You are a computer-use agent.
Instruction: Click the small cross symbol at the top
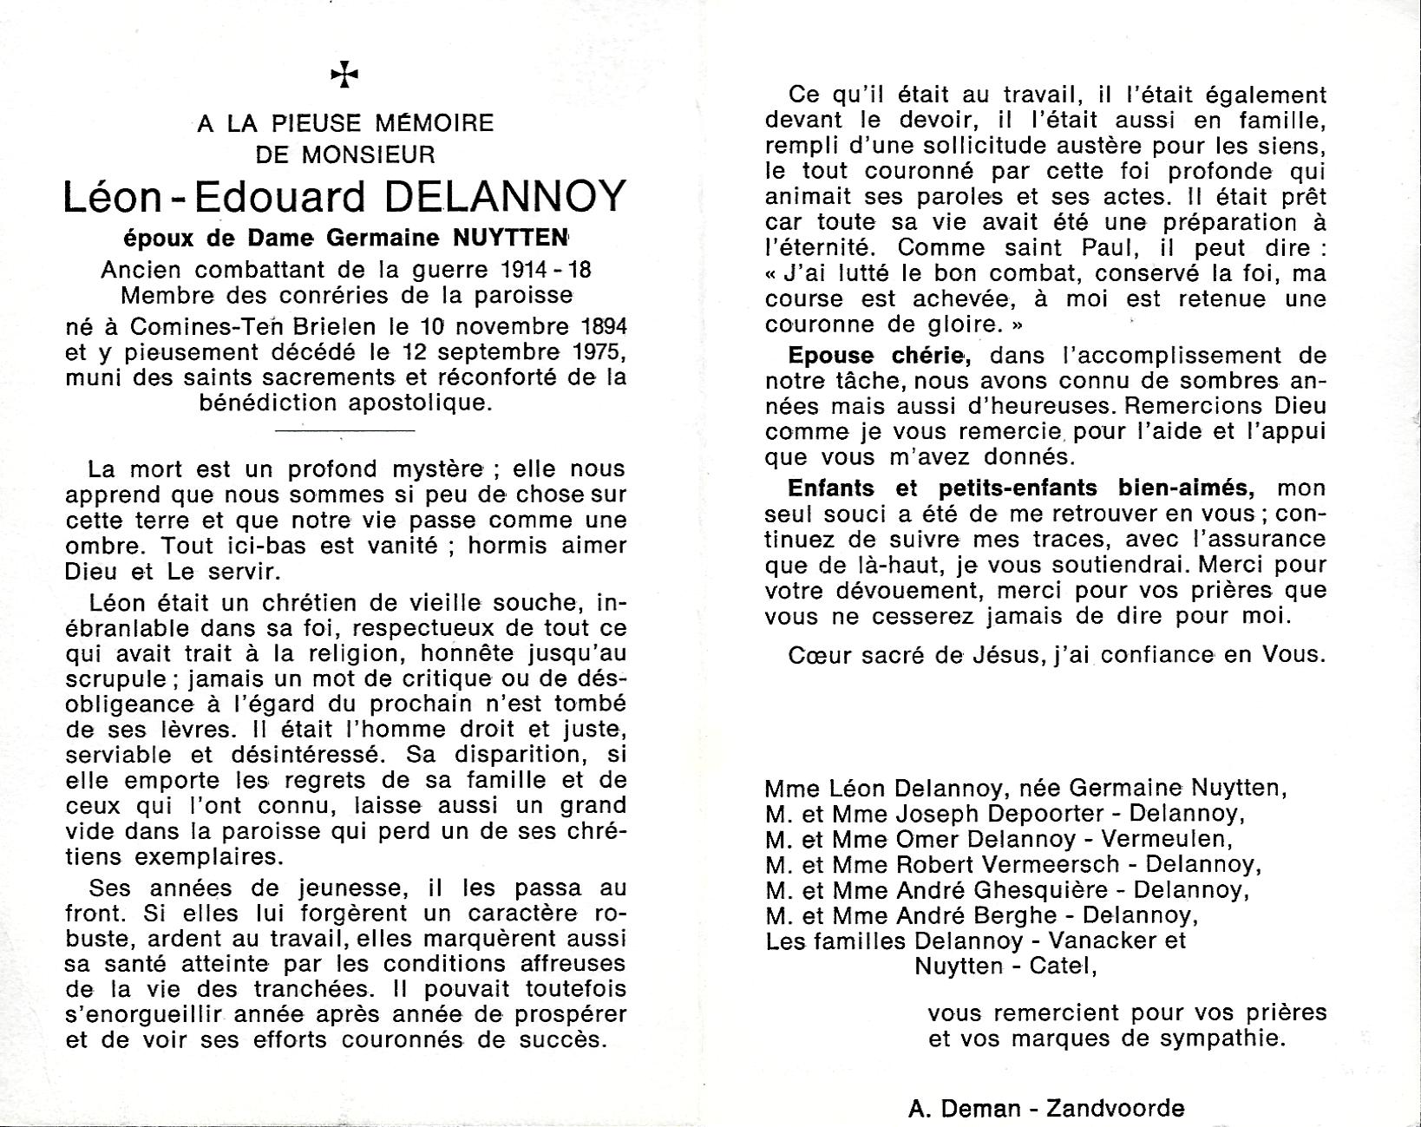pos(344,75)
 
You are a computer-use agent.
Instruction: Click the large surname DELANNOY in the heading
pos(503,198)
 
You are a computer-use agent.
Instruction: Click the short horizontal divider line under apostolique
pos(344,429)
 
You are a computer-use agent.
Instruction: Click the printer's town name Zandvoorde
pos(1115,1108)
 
